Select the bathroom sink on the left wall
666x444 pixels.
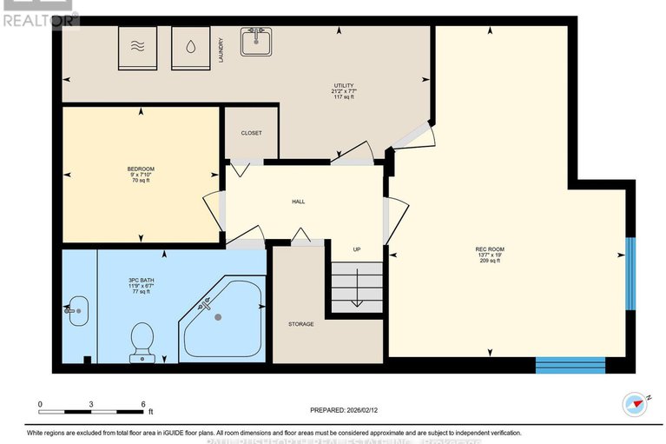tap(76, 309)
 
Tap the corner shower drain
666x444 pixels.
tap(218, 317)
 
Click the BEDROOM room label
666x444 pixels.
tap(141, 169)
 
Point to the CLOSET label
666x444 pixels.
tap(251, 133)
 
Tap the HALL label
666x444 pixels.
tap(298, 202)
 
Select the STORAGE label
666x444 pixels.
tap(301, 324)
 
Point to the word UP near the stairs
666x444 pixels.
tap(356, 249)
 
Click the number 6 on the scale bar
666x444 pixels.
tap(143, 404)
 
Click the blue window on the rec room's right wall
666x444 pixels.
tap(631, 273)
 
